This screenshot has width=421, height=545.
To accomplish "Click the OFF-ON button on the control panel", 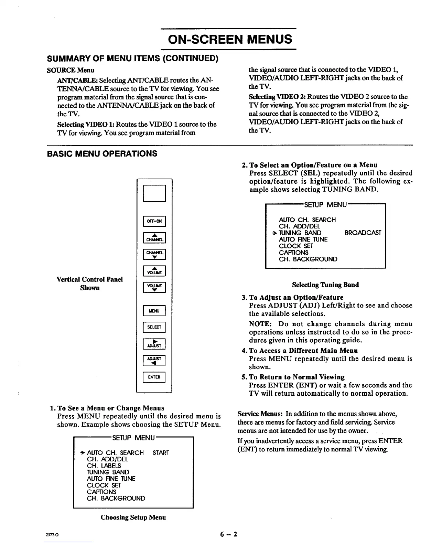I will pos(154,221).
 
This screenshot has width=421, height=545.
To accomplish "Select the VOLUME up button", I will pos(154,271).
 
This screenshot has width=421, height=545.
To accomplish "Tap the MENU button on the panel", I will pos(154,311).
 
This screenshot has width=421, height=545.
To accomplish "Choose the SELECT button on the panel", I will pos(154,327).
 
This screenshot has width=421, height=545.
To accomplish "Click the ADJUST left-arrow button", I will pos(154,361).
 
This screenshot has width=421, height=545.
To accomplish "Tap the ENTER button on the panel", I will pos(154,377).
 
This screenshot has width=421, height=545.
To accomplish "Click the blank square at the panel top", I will pos(154,193).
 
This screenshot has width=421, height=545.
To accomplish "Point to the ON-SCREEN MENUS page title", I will pos(230,39).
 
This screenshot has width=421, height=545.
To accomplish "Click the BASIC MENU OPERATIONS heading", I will pos(102,153).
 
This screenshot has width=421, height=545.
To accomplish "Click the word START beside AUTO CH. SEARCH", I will pos(161,453).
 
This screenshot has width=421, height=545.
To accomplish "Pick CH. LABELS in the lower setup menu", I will pos(104,466).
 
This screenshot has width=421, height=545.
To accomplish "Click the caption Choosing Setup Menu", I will pos(133,517).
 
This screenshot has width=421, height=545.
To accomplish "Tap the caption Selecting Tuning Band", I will pos(325,285).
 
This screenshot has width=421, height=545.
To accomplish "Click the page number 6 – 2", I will pos(229,534).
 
